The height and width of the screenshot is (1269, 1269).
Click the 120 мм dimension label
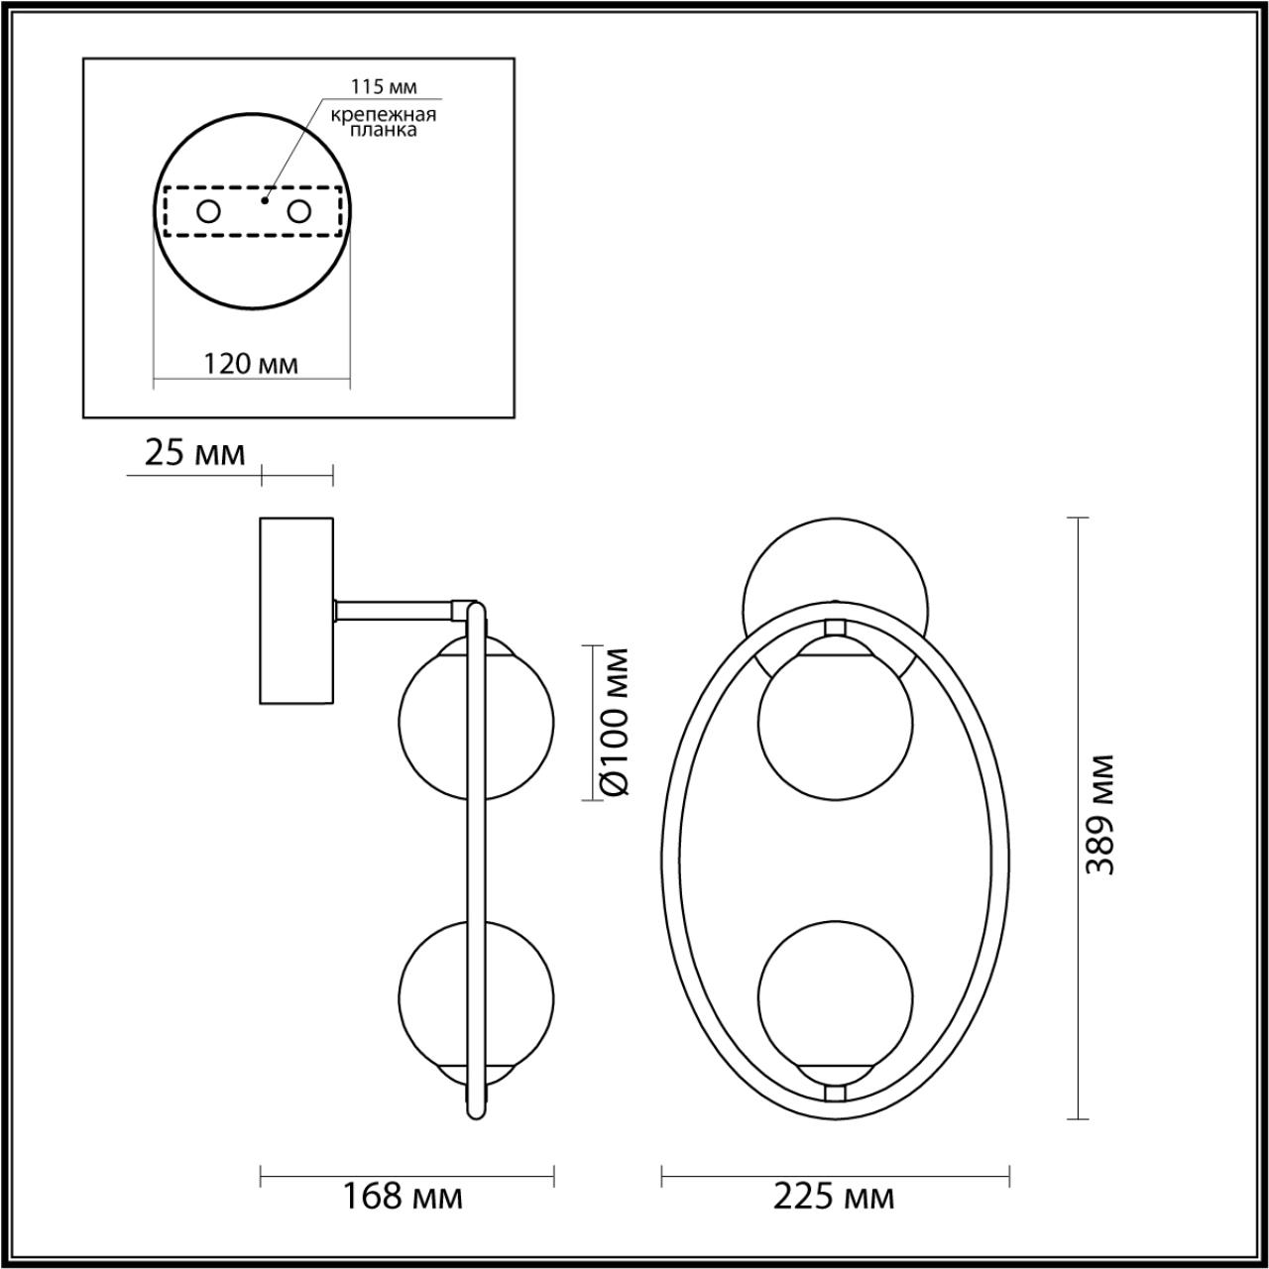tap(251, 364)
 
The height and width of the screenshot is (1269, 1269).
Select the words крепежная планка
tap(385, 122)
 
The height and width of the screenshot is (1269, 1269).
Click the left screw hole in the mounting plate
tap(209, 211)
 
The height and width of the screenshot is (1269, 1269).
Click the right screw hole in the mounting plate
tap(298, 211)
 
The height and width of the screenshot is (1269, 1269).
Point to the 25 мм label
tap(194, 453)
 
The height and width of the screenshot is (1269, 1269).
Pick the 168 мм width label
tap(403, 1197)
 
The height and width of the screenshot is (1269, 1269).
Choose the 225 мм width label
tap(834, 1197)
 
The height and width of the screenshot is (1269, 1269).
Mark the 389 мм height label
tap(1099, 815)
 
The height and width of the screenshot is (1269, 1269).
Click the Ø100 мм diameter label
tap(615, 720)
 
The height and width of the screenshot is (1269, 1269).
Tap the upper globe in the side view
tap(436, 719)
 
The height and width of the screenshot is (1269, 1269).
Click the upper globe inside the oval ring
tap(835, 720)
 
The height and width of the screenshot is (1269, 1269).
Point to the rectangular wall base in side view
tap(297, 611)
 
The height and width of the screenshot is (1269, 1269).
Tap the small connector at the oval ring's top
tap(836, 628)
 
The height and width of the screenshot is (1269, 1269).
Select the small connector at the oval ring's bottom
tap(836, 1092)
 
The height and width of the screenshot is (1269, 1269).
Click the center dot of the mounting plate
tap(262, 199)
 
